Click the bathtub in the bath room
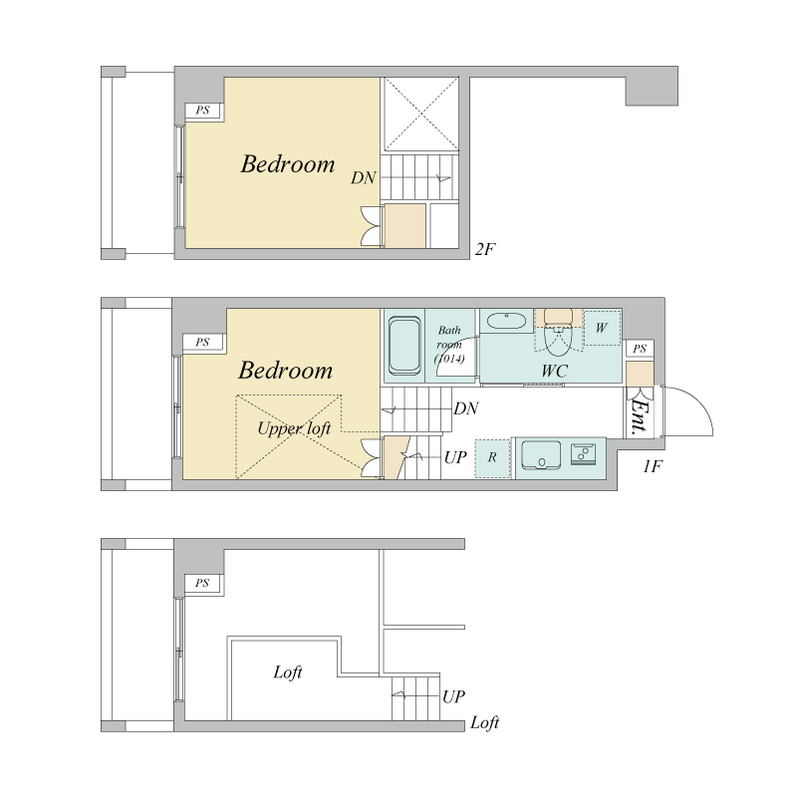click(404, 346)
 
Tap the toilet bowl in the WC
click(558, 341)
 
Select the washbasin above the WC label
click(506, 321)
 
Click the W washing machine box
click(602, 328)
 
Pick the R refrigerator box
click(492, 458)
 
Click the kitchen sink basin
click(541, 454)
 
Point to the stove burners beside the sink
click(584, 454)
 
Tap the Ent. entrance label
click(640, 416)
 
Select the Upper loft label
click(294, 429)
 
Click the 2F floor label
click(485, 249)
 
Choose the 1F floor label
click(653, 466)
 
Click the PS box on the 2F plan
click(203, 111)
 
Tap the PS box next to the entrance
click(640, 349)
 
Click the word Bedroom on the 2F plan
click(288, 164)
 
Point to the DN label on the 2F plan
click(364, 178)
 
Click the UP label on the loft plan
click(453, 696)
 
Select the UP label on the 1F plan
click(455, 457)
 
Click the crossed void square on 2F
click(421, 114)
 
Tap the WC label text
click(554, 371)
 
